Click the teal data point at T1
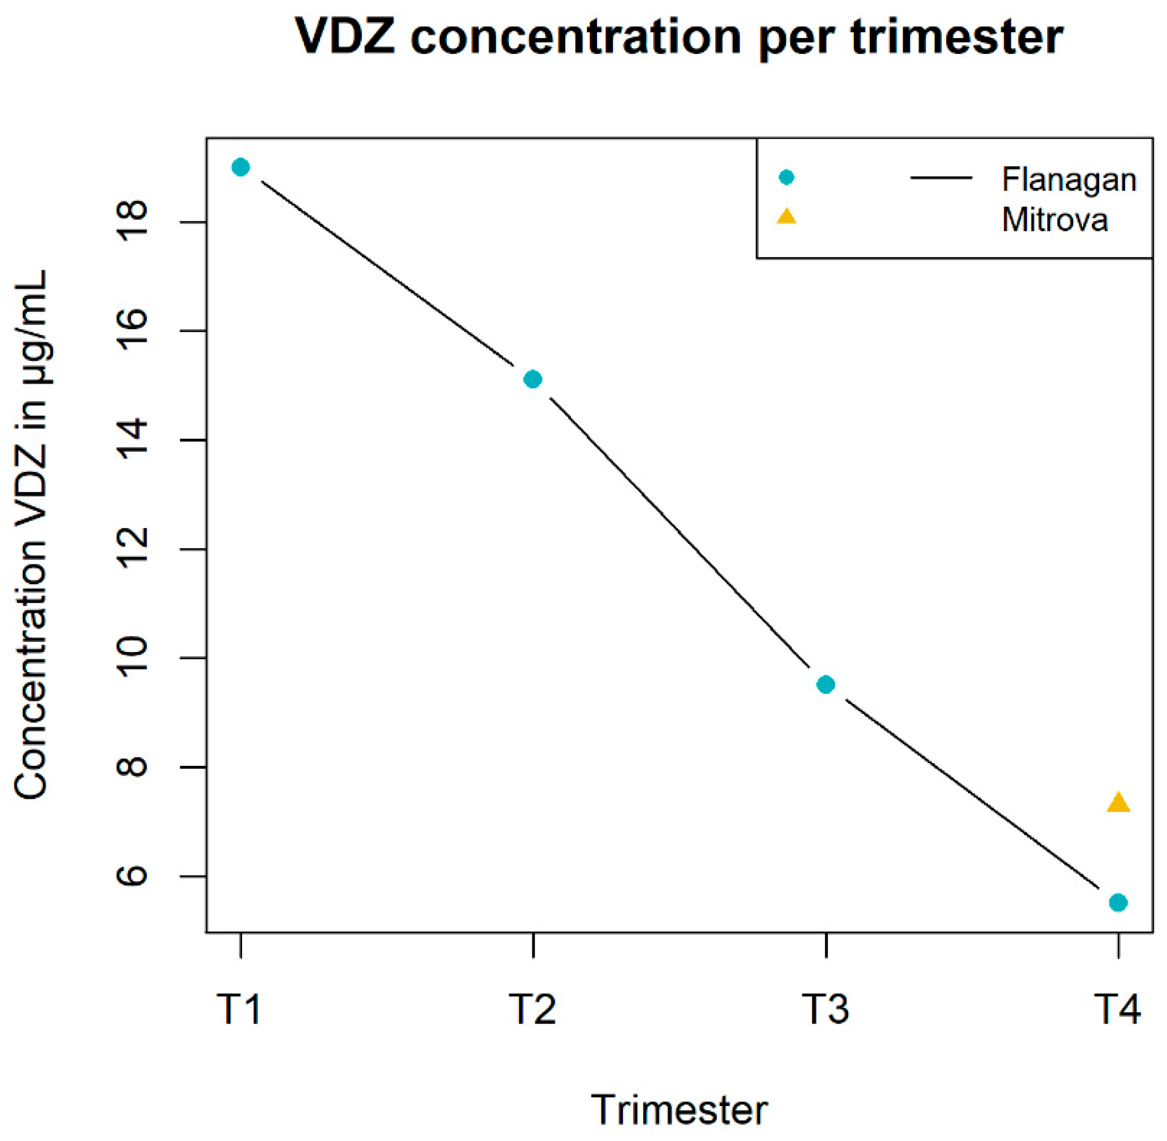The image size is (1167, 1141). tap(240, 167)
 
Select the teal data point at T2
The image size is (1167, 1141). tap(532, 379)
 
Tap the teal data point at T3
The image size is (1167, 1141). tap(826, 684)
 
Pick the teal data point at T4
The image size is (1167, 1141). tap(1118, 902)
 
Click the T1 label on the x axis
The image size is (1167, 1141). tap(239, 1009)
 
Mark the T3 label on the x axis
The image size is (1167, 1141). tap(826, 1009)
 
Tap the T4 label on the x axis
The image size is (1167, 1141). tap(1117, 1009)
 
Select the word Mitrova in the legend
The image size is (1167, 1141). tap(1054, 220)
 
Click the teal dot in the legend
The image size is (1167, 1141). tap(786, 177)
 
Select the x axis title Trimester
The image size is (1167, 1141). tap(680, 1110)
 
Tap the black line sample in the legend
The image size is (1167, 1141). tap(941, 177)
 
